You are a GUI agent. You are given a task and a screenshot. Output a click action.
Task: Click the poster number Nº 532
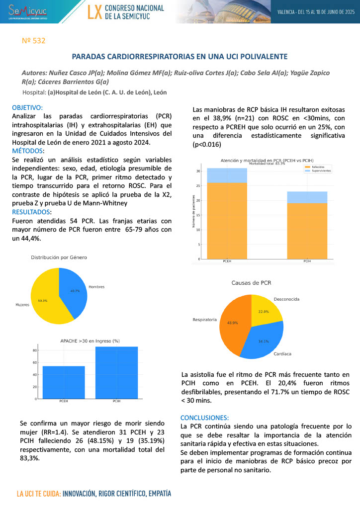(x=34, y=41)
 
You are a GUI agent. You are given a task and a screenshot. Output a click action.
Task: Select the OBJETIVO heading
(x=27, y=107)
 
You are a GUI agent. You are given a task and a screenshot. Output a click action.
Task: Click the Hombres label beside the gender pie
(x=96, y=287)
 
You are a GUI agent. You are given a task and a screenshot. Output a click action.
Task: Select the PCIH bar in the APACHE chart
(x=116, y=373)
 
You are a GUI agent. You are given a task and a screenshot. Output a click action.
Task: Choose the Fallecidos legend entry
(x=317, y=167)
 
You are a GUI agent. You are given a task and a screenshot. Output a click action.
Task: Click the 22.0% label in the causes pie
(x=264, y=312)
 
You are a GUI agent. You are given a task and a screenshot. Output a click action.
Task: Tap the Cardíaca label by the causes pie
(x=282, y=354)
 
